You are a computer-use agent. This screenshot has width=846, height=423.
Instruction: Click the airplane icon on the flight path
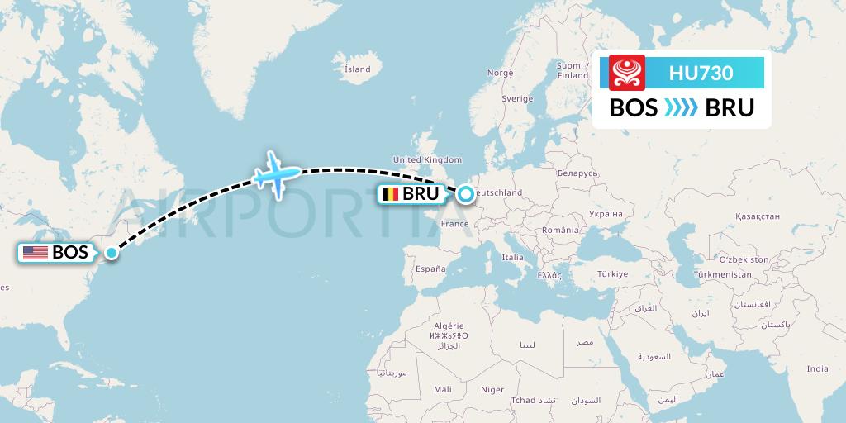pos(278,172)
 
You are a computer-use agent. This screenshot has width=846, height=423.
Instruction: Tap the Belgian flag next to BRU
pos(389,195)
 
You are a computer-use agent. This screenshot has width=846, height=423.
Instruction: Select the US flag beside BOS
pos(36,253)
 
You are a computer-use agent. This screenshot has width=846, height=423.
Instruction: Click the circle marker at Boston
pos(111,253)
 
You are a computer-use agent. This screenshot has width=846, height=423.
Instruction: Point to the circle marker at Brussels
pos(466,194)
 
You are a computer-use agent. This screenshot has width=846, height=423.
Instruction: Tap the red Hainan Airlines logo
pos(627,73)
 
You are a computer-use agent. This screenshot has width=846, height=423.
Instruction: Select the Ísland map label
pos(357,69)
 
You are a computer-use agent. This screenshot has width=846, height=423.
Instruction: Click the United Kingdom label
pos(427,159)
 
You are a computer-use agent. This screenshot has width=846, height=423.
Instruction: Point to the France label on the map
pos(455,223)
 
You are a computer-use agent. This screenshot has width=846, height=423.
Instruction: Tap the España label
pos(430,269)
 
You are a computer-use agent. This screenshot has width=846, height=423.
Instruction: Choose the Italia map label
pos(512,258)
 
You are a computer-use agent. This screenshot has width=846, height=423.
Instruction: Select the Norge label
pos(500,73)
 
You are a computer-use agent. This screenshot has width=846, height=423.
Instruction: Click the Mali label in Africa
pos(442,388)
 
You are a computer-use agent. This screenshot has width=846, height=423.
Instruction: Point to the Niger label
pos(492,388)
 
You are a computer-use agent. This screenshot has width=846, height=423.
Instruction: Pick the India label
pos(817,368)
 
